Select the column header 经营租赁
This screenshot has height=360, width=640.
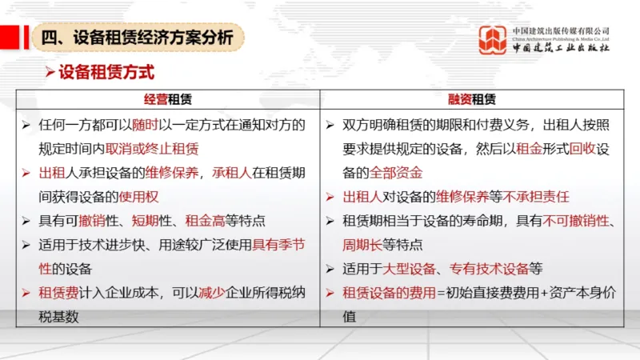(168, 100)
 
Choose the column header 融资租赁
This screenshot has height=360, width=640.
(472, 100)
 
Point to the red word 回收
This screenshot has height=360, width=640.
(576, 149)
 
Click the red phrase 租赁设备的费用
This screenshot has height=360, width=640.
(388, 293)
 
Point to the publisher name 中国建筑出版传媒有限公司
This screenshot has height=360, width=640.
(561, 30)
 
